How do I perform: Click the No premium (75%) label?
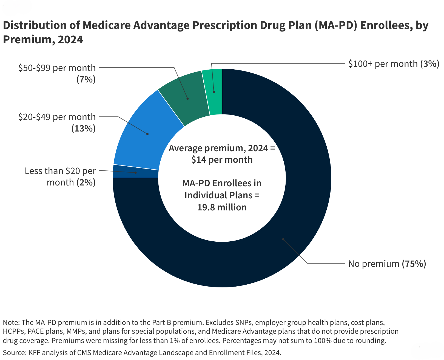[x=387, y=264]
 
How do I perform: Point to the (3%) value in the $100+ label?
[x=430, y=64]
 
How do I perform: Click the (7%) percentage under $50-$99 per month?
[x=86, y=79]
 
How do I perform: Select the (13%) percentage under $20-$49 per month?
[x=83, y=128]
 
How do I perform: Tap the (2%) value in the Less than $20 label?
[x=86, y=182]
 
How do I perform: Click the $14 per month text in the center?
[x=222, y=160]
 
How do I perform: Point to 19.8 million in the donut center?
[x=222, y=207]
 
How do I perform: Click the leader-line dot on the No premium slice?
[x=283, y=239]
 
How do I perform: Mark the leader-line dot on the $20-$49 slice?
[x=147, y=134]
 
